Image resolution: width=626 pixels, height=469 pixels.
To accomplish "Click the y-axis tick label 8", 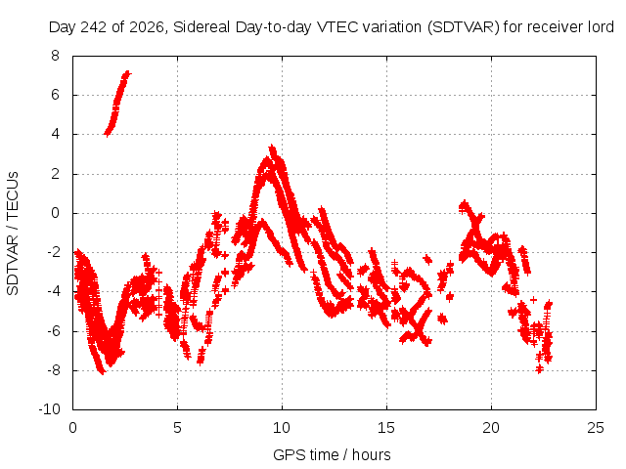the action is tap(55, 56).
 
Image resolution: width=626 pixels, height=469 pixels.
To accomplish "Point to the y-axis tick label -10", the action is tap(49, 409).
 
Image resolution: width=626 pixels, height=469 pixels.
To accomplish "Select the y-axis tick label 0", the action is tap(55, 213).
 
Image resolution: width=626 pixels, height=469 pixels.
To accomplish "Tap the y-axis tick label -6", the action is tap(53, 331).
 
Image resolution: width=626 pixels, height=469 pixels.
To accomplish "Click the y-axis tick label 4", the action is tap(55, 135).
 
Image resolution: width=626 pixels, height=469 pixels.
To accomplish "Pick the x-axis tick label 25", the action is tap(596, 428).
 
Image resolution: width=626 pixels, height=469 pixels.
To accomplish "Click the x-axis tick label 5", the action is tap(177, 428).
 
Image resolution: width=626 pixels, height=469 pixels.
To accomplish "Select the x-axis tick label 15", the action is tap(386, 428).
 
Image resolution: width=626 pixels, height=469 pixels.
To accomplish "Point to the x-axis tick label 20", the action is tap(491, 428).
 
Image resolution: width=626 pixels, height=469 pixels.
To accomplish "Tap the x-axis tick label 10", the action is tap(282, 428).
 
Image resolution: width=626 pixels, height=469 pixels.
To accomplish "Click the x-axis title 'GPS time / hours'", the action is tap(332, 454).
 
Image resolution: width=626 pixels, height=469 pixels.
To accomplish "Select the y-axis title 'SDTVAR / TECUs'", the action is tap(13, 234).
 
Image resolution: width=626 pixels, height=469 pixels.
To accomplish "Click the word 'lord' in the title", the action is tap(601, 27).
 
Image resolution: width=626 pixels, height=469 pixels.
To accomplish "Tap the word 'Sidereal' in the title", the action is tap(201, 27).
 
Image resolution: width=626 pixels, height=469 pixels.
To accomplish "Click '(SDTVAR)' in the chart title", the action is tap(463, 27).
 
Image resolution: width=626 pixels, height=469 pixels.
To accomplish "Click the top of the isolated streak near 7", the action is tap(127, 72).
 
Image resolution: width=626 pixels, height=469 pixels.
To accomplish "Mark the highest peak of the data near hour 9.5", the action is tap(272, 147).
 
